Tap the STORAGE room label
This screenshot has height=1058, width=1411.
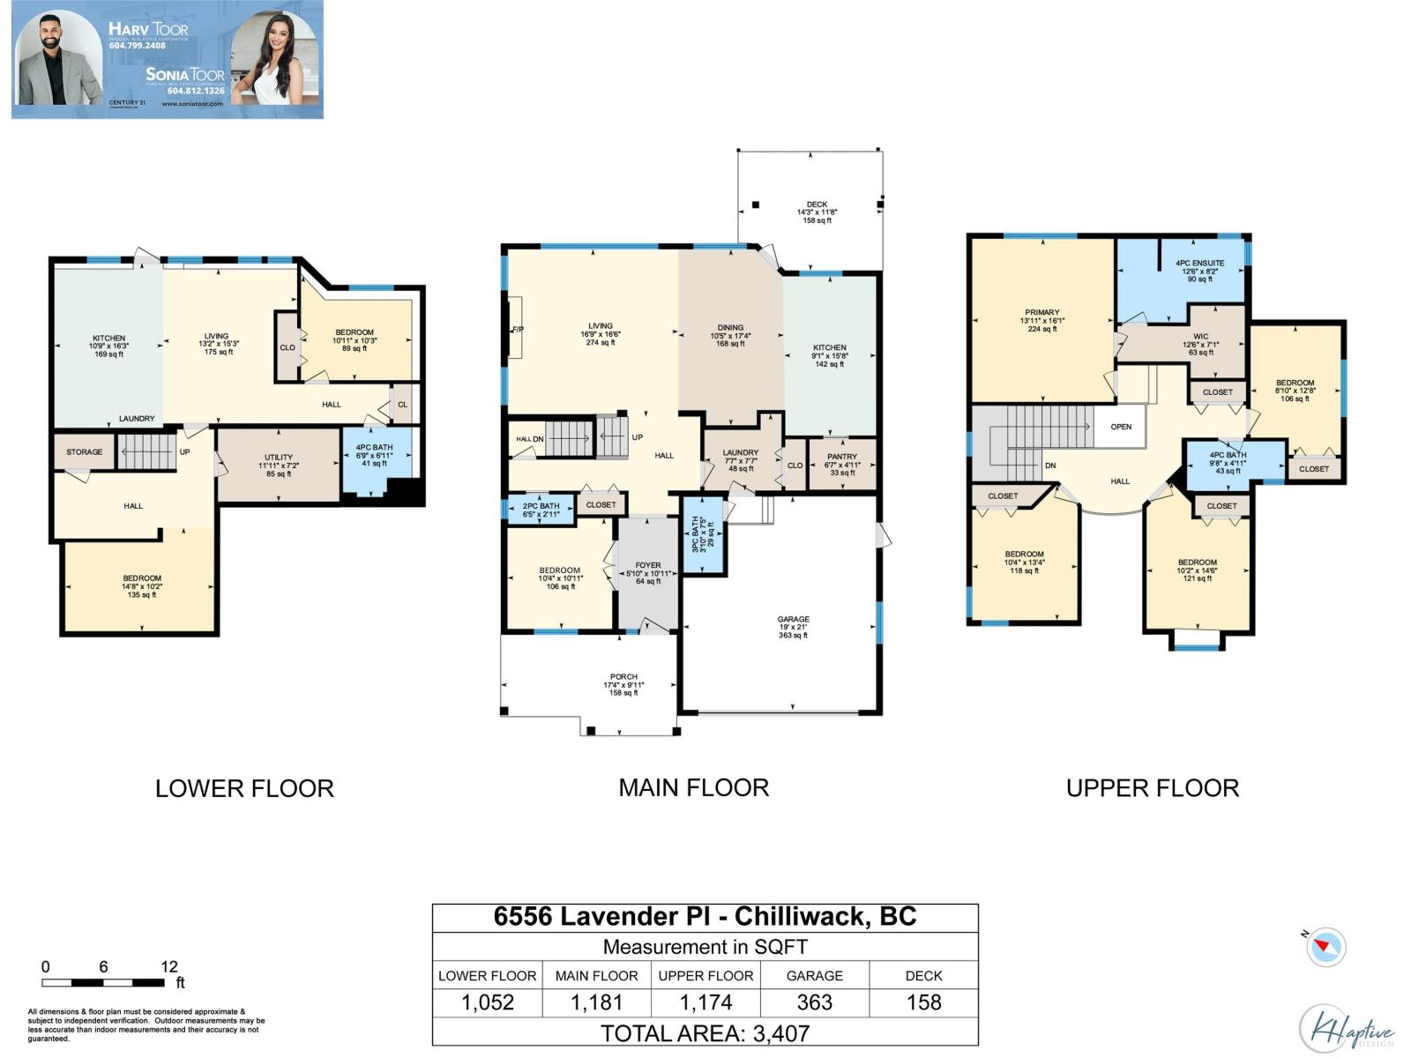point(85,452)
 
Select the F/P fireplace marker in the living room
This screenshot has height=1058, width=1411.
point(518,329)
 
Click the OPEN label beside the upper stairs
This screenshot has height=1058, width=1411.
point(1121,427)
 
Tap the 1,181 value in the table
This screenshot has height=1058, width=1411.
point(596,1002)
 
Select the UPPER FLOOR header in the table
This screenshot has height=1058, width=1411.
point(705,976)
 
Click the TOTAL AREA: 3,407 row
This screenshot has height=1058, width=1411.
point(705,1032)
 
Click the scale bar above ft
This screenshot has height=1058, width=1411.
point(103,982)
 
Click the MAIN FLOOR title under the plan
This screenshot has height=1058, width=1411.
point(693,787)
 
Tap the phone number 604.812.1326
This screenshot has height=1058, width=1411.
point(196,91)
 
